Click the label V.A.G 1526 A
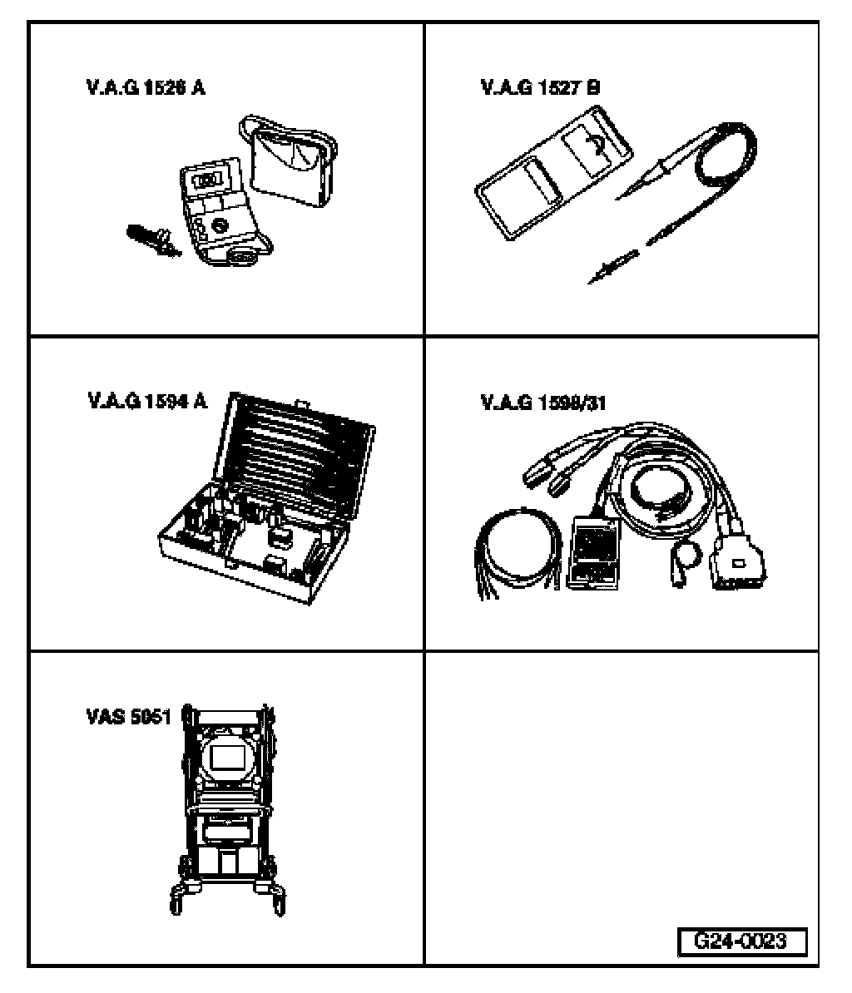[145, 88]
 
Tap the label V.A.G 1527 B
[540, 88]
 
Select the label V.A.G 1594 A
[146, 402]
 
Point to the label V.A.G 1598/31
[543, 403]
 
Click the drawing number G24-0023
[740, 942]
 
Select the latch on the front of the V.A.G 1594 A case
[275, 565]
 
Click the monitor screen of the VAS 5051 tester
[227, 758]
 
